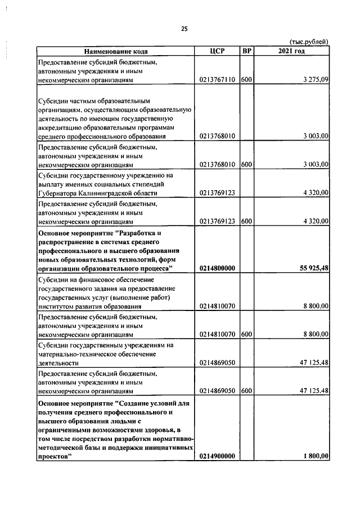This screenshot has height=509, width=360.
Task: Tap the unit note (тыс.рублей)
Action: tap(309, 42)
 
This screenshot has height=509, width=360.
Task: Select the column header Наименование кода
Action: tap(116, 52)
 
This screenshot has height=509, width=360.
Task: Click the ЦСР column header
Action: tap(217, 52)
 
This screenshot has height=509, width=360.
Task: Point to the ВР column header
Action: tap(246, 52)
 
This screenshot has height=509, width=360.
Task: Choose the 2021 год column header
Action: tap(291, 52)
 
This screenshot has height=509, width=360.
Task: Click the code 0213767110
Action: tap(217, 80)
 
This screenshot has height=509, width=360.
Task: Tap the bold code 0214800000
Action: tap(217, 268)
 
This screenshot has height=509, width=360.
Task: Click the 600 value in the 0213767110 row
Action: tap(246, 80)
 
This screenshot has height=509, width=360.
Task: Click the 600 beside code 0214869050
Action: tap(246, 390)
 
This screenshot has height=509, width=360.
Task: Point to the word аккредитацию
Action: tap(61, 128)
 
